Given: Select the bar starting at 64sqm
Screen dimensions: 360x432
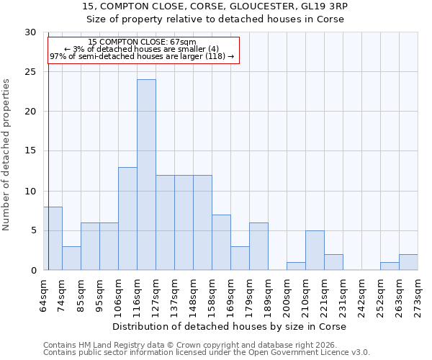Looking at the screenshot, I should (x=53, y=238).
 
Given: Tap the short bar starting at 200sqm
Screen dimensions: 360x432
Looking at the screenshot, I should (x=296, y=266).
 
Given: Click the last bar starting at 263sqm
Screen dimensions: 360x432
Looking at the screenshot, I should (x=408, y=263).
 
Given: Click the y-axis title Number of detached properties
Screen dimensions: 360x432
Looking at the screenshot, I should (x=7, y=155).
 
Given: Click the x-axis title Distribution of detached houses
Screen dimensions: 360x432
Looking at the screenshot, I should (x=230, y=327).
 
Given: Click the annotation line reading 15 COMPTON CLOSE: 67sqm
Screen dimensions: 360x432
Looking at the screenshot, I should (x=142, y=42).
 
